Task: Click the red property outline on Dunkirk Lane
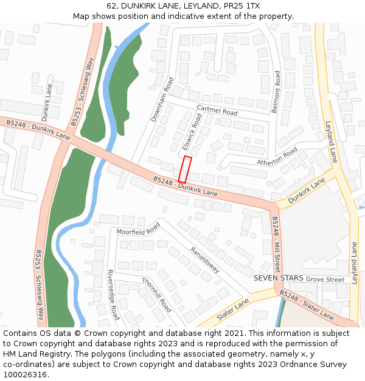click(185, 169)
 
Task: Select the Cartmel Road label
click(217, 110)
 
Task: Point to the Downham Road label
click(163, 99)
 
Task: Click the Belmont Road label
click(277, 91)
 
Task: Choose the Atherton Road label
click(277, 156)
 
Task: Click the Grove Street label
click(325, 280)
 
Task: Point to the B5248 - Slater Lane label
click(307, 305)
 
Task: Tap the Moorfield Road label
click(138, 229)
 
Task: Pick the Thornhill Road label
click(156, 294)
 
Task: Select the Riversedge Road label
click(113, 295)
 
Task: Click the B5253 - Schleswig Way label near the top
click(83, 91)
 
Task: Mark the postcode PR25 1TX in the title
click(242, 5)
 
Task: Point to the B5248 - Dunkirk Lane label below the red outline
click(185, 187)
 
